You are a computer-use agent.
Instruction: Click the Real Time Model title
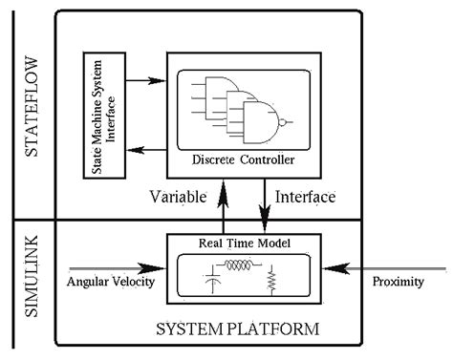238,243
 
